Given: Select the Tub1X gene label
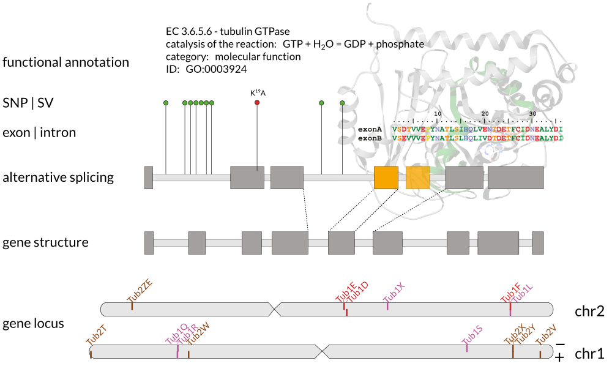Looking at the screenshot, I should [394, 293].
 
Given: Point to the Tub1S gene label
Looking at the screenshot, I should [472, 334].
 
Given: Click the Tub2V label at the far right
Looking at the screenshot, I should [546, 334].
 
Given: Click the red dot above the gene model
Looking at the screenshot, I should [257, 102].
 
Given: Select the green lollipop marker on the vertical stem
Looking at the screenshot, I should [342, 103].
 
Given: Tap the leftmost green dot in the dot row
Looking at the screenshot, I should [166, 103].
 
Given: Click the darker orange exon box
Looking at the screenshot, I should [386, 177].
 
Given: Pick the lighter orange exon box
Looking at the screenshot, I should [418, 177].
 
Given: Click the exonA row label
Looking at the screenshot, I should [370, 129].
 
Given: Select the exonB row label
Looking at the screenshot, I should [370, 138].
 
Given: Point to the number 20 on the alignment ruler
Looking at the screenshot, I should [485, 114].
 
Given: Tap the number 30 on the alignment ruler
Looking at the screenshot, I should [532, 114].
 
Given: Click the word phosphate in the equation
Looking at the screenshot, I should [401, 45].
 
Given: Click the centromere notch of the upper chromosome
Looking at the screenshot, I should [274, 310].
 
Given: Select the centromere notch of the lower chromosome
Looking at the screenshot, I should [322, 352].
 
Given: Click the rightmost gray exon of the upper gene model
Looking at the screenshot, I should [515, 177].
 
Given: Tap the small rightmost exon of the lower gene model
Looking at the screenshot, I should [537, 243].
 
